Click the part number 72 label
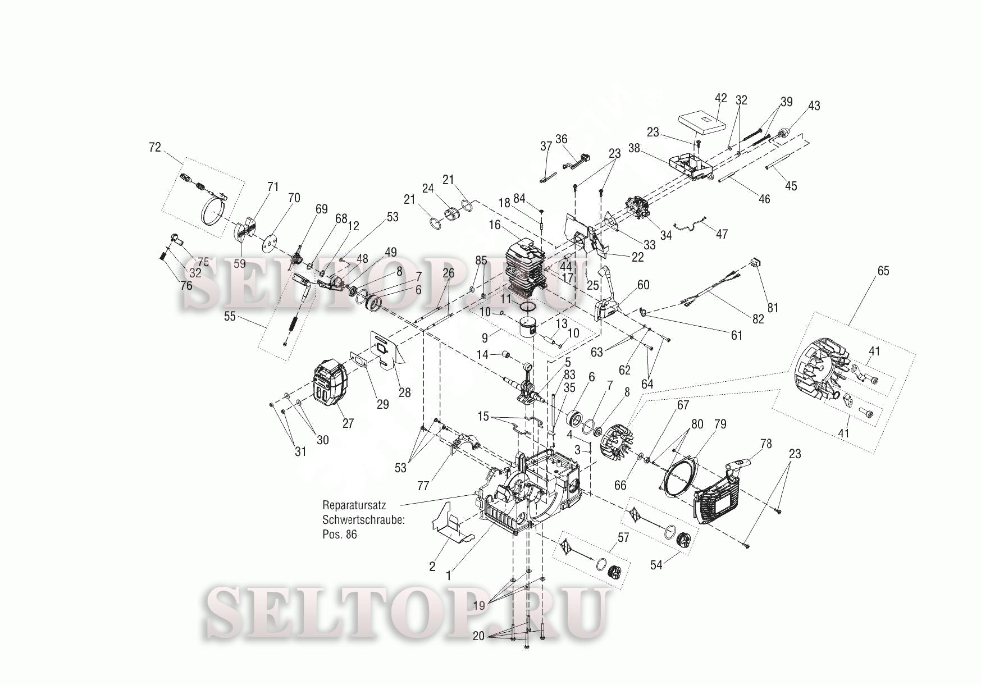tap(154, 147)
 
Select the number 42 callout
tap(720, 98)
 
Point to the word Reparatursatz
tap(354, 505)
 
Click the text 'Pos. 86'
tap(339, 534)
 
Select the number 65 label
tap(883, 271)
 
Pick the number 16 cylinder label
tap(494, 225)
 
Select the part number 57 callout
tap(623, 537)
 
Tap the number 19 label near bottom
tap(478, 605)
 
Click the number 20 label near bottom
tap(478, 636)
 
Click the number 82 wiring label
tap(758, 318)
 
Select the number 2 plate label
tap(432, 567)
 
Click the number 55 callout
tap(230, 317)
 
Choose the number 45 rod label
tap(791, 185)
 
